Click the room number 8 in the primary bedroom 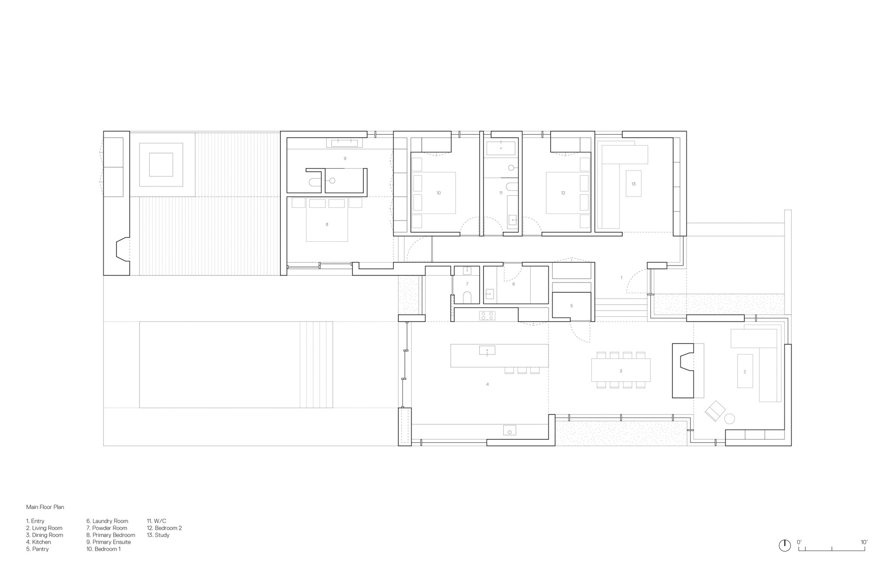(x=327, y=224)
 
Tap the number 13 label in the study (x=633, y=184)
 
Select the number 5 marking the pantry (x=571, y=306)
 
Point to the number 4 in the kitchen (x=487, y=384)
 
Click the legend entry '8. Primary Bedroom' (x=111, y=535)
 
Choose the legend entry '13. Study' (x=158, y=535)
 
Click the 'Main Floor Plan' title (x=45, y=507)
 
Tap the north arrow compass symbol (x=784, y=546)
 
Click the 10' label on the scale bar (x=864, y=542)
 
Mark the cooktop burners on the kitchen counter (x=487, y=316)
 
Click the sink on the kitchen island (x=487, y=350)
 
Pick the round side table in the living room (x=729, y=419)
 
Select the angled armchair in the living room (x=715, y=411)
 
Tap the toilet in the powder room (x=467, y=296)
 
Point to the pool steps (x=316, y=364)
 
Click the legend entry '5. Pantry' (x=37, y=549)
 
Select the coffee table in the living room (x=745, y=371)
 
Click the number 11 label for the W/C (x=501, y=193)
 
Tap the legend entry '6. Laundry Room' (x=107, y=521)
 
